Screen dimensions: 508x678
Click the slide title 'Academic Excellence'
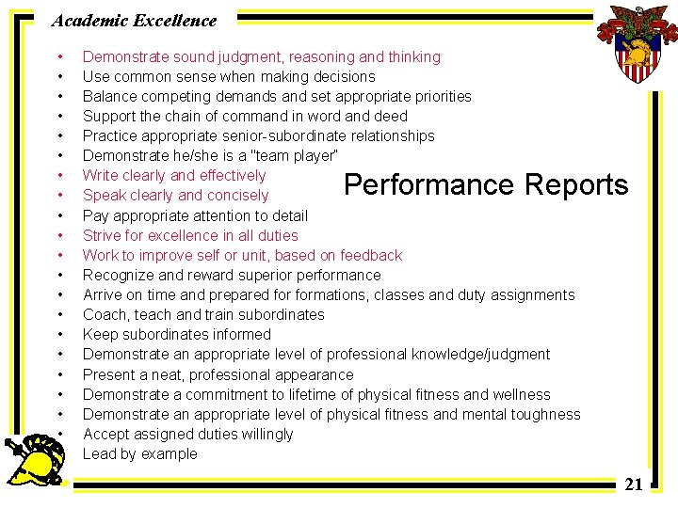point(134,20)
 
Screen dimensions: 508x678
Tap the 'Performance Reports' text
point(486,184)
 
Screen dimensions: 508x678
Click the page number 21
point(634,484)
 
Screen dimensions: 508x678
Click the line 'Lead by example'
point(140,453)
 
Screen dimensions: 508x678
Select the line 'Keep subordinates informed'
point(177,334)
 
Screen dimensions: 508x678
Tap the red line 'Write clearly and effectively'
point(174,175)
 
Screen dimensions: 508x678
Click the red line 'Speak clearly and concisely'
point(176,196)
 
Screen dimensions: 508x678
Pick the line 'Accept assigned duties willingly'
point(188,434)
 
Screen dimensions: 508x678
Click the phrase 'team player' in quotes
point(294,155)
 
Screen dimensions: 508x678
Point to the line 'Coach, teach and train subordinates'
point(203,314)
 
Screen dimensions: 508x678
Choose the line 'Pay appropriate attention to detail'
point(195,215)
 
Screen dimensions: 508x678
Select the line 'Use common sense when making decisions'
point(229,76)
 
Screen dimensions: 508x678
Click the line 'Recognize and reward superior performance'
point(232,275)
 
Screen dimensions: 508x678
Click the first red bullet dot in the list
point(60,56)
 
